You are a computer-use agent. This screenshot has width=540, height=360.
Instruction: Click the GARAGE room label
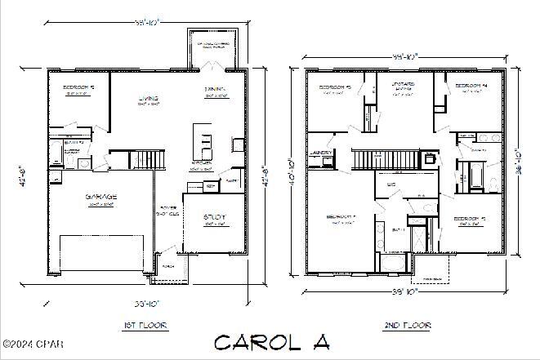(x=101, y=197)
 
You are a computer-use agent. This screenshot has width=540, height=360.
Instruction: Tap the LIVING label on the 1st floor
(x=149, y=99)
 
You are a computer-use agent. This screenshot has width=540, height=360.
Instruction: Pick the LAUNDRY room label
(x=320, y=152)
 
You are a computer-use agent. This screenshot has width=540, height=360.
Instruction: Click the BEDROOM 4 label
(x=471, y=86)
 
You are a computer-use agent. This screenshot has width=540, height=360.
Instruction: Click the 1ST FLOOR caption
(x=145, y=325)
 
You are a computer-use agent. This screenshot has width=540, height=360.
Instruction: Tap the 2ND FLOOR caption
(x=407, y=325)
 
